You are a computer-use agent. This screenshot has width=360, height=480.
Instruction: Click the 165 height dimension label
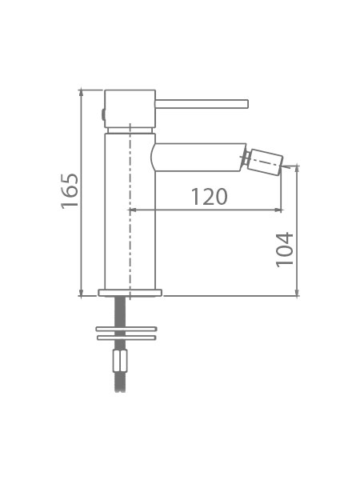coord(70,191)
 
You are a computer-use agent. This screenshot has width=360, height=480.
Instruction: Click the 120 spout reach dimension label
coord(210,197)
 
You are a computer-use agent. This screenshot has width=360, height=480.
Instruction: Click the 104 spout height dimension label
coord(284,250)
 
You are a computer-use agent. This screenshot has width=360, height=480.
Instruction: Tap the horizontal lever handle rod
coord(202,104)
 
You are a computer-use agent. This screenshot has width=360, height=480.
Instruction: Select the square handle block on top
coord(130,109)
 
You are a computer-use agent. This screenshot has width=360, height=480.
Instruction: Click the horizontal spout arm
coord(198,157)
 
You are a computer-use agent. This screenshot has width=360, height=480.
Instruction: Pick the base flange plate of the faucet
coord(130,293)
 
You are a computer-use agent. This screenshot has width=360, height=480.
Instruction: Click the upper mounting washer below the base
coord(126,329)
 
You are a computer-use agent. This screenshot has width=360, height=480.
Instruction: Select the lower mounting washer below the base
coord(126,338)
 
